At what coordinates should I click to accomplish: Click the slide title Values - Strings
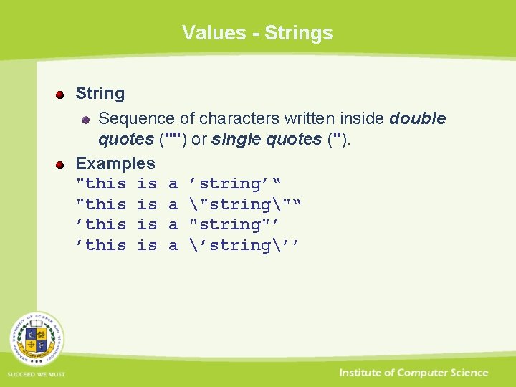pyautogui.click(x=257, y=33)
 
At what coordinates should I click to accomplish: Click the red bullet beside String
pyautogui.click(x=61, y=94)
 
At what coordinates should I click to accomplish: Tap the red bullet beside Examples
pyautogui.click(x=61, y=164)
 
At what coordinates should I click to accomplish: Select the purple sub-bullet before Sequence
pyautogui.click(x=84, y=119)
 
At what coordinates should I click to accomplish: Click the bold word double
pyautogui.click(x=417, y=119)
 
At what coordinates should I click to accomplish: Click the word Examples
pyautogui.click(x=115, y=164)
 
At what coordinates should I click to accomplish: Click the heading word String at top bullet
pyautogui.click(x=100, y=94)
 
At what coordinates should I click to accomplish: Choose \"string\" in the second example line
pyautogui.click(x=239, y=205)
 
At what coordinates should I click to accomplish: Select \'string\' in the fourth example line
pyautogui.click(x=239, y=246)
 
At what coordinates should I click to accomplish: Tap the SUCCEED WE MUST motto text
pyautogui.click(x=37, y=374)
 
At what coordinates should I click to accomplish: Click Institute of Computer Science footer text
pyautogui.click(x=414, y=373)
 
